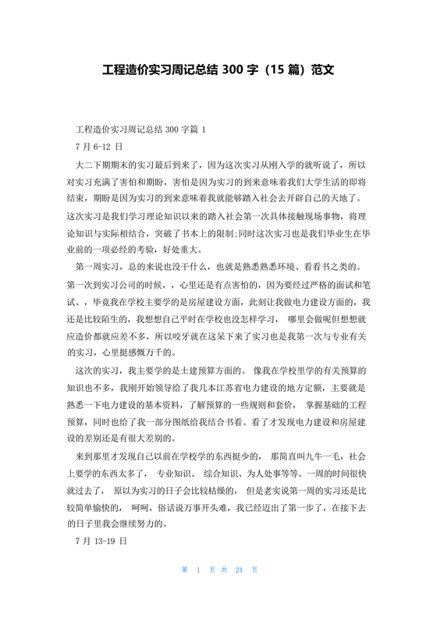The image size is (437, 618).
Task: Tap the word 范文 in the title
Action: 322,69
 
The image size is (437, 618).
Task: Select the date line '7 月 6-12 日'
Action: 98,146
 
